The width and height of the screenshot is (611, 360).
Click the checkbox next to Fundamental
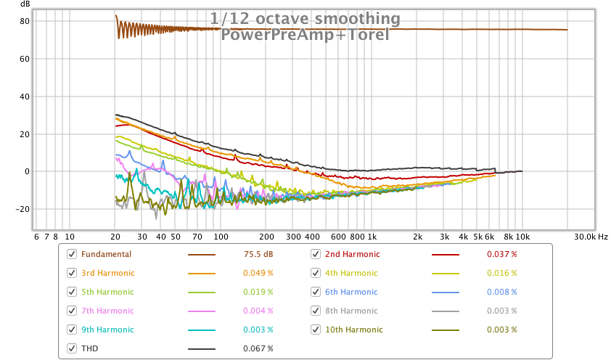(71, 254)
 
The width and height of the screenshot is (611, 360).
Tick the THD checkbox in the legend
(71, 348)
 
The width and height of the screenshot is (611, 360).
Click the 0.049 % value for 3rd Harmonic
(258, 273)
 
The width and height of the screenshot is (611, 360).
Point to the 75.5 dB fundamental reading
(258, 254)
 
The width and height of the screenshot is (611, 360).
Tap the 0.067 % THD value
(258, 348)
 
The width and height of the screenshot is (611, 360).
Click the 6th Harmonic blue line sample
(446, 292)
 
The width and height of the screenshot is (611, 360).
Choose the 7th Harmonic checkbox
(71, 311)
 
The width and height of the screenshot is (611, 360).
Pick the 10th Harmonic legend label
(353, 330)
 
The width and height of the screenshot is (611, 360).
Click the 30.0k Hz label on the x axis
(591, 237)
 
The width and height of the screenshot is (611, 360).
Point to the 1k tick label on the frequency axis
(372, 237)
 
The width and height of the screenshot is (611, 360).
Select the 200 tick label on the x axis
(266, 237)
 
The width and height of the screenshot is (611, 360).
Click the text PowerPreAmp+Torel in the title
(305, 34)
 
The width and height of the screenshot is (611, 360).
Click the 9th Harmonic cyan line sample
(202, 330)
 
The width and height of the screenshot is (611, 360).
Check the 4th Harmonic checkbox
(316, 273)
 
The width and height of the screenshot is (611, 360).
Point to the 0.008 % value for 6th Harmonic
(501, 292)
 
